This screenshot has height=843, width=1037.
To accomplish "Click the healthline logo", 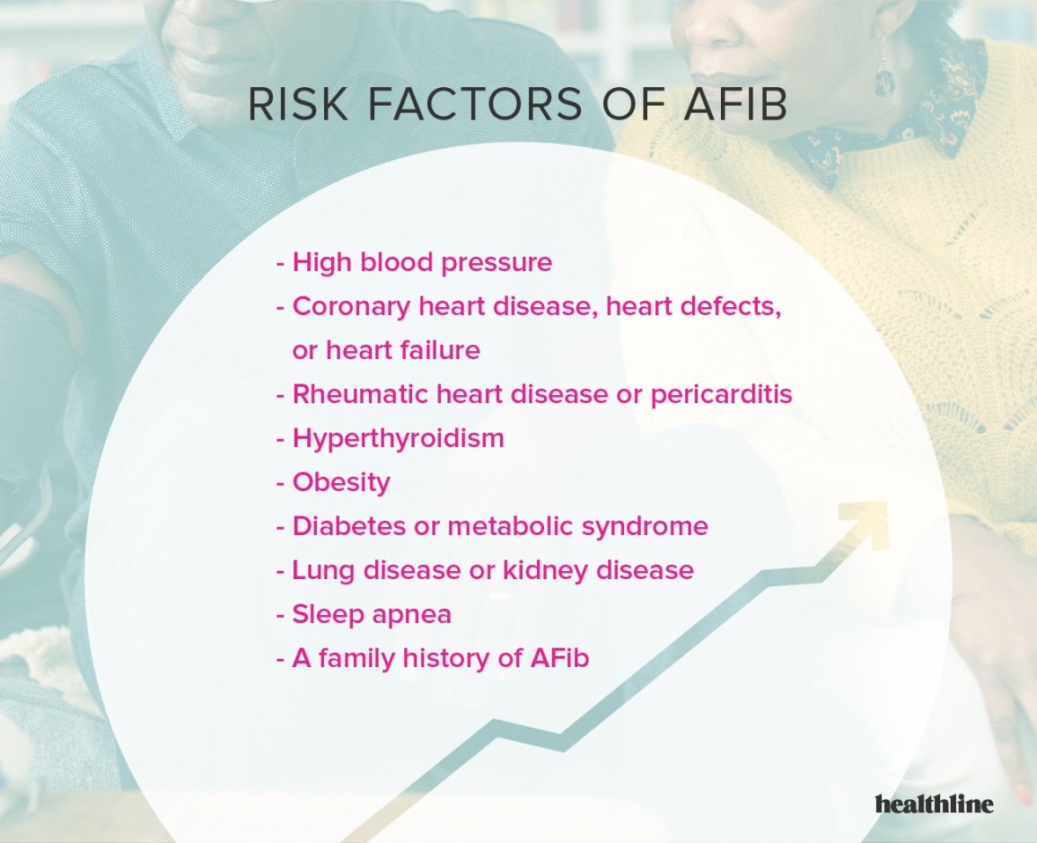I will (934, 803).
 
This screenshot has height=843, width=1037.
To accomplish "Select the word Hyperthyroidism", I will (398, 438).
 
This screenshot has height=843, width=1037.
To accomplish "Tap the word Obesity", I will (341, 482).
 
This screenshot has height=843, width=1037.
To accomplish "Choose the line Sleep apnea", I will (372, 614).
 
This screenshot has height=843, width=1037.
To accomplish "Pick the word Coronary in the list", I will (351, 306).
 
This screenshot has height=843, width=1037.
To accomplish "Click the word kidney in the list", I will (556, 570).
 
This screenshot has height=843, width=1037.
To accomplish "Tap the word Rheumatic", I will (359, 394).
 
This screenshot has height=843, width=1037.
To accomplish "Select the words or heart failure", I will (386, 350).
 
